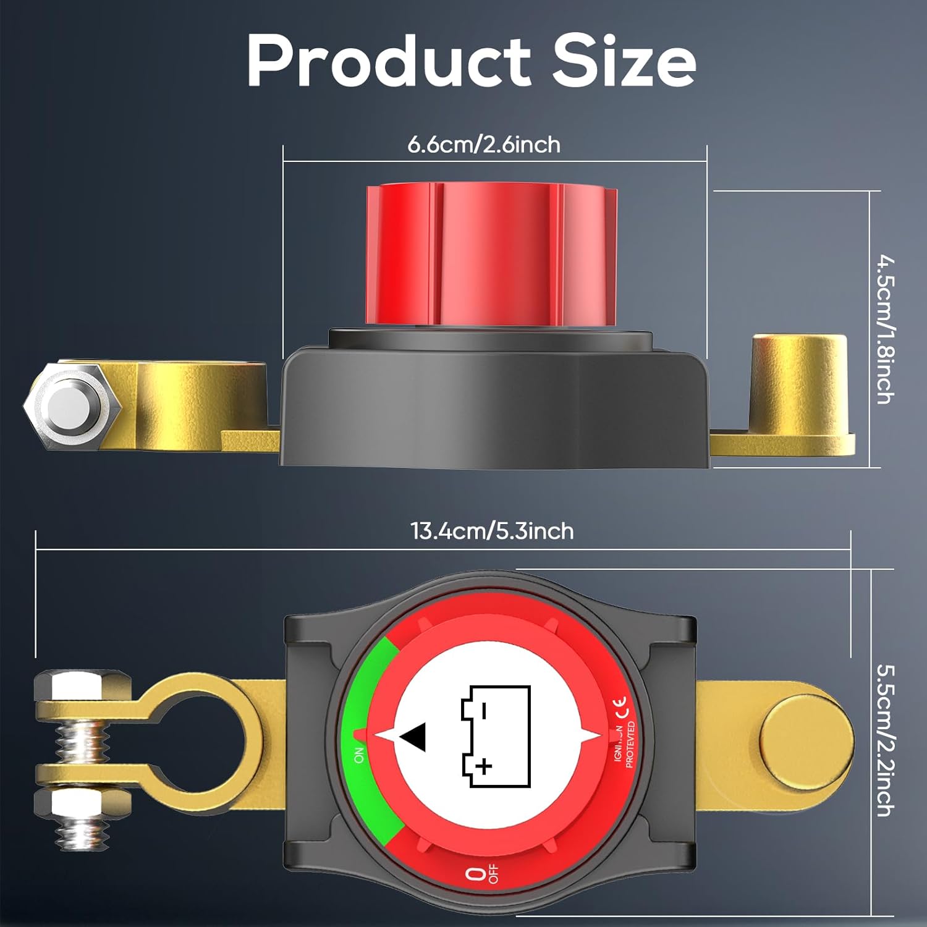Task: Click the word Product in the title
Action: tap(388, 62)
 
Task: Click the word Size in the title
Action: tap(624, 62)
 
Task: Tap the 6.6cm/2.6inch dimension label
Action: tap(484, 145)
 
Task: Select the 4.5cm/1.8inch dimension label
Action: tap(885, 329)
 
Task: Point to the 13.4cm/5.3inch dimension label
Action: tap(492, 531)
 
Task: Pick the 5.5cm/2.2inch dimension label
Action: tap(885, 740)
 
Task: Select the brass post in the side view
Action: tap(797, 386)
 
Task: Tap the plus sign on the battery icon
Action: tap(485, 767)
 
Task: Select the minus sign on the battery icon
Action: tap(484, 711)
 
